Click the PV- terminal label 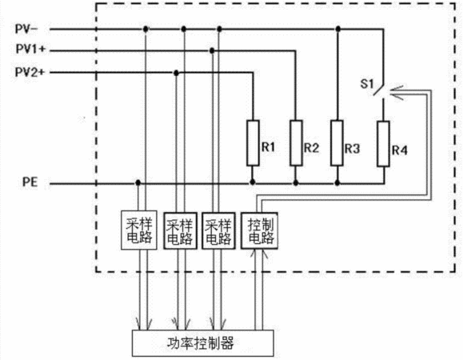click(26, 29)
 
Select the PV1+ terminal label click(30, 50)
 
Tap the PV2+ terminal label click(30, 72)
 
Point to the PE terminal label click(30, 182)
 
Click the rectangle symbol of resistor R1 click(253, 142)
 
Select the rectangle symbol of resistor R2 click(296, 142)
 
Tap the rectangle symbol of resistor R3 click(337, 142)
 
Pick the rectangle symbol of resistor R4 click(383, 143)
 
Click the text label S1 click(367, 84)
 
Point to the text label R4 click(400, 150)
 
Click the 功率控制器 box click(202, 343)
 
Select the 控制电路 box click(260, 230)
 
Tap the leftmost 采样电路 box click(139, 230)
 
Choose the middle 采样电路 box click(180, 230)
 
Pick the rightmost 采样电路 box click(218, 230)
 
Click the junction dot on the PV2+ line click(176, 73)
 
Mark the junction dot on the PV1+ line click(212, 50)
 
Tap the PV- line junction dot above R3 click(338, 29)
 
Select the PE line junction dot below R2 click(296, 183)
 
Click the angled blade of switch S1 click(378, 88)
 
